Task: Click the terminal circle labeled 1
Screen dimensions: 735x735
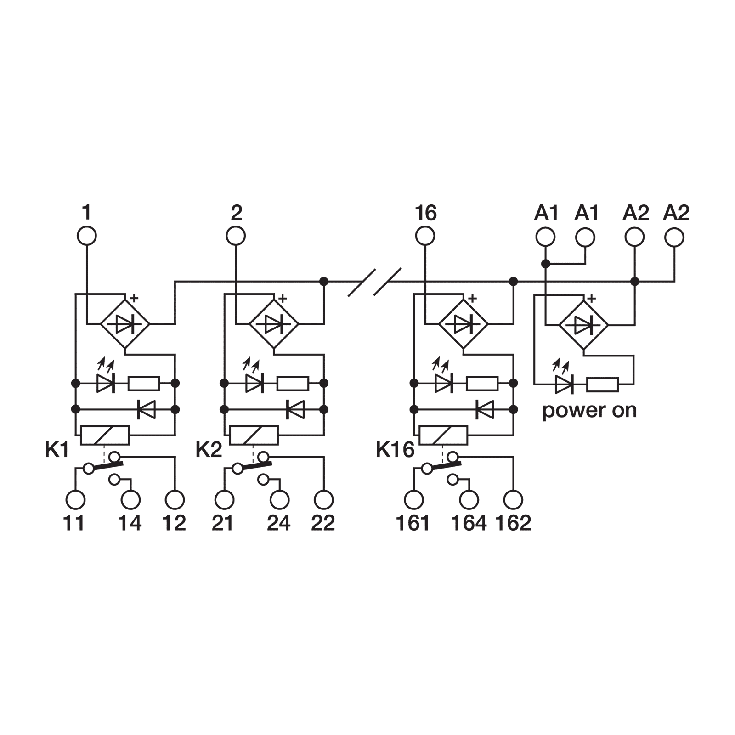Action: (x=86, y=237)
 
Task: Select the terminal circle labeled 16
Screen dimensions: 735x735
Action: (x=424, y=237)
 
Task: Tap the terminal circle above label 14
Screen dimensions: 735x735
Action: (x=130, y=499)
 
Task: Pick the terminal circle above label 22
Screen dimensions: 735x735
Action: (x=324, y=499)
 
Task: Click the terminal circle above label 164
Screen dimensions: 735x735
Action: (x=469, y=499)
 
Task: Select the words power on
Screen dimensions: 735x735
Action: (x=589, y=410)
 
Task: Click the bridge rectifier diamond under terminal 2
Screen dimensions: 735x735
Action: (x=274, y=324)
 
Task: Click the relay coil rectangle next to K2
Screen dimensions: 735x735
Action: (x=254, y=435)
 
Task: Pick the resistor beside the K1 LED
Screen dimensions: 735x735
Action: (x=144, y=383)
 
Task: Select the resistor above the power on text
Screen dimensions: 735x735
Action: (x=603, y=384)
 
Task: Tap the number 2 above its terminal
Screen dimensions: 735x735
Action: (x=236, y=213)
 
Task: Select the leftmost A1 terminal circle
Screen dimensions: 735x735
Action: (x=545, y=237)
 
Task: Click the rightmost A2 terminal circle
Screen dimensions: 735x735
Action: (x=674, y=237)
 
